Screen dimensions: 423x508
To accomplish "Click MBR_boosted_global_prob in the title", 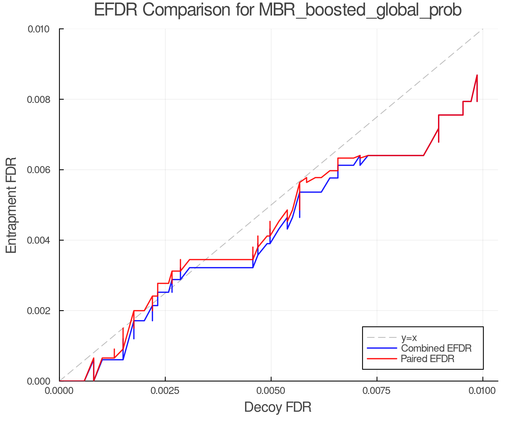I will (360, 11).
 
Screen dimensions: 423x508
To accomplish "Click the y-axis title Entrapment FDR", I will (11, 205).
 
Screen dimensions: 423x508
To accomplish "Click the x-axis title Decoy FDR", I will (278, 407).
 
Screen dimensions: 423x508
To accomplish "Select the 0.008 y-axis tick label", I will (42, 99).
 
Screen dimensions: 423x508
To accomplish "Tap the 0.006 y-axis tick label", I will (42, 170).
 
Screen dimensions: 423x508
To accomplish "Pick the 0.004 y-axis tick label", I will (42, 240).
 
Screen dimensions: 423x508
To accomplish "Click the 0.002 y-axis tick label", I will (42, 310).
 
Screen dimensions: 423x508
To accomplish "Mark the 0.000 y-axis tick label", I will (42, 381).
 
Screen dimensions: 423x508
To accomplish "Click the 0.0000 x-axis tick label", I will (59, 391).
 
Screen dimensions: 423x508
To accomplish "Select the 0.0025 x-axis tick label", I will (165, 391).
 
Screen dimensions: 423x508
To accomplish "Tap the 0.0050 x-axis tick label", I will (271, 391).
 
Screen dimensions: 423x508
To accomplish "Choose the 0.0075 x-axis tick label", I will (377, 391).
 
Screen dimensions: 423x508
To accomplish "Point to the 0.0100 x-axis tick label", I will (482, 391).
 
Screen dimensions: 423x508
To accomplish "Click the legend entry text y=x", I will (409, 338).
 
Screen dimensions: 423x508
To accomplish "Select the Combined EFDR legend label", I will (436, 348).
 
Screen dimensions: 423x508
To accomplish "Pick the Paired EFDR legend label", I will (428, 359).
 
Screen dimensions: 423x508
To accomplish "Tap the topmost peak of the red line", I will (477, 75).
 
